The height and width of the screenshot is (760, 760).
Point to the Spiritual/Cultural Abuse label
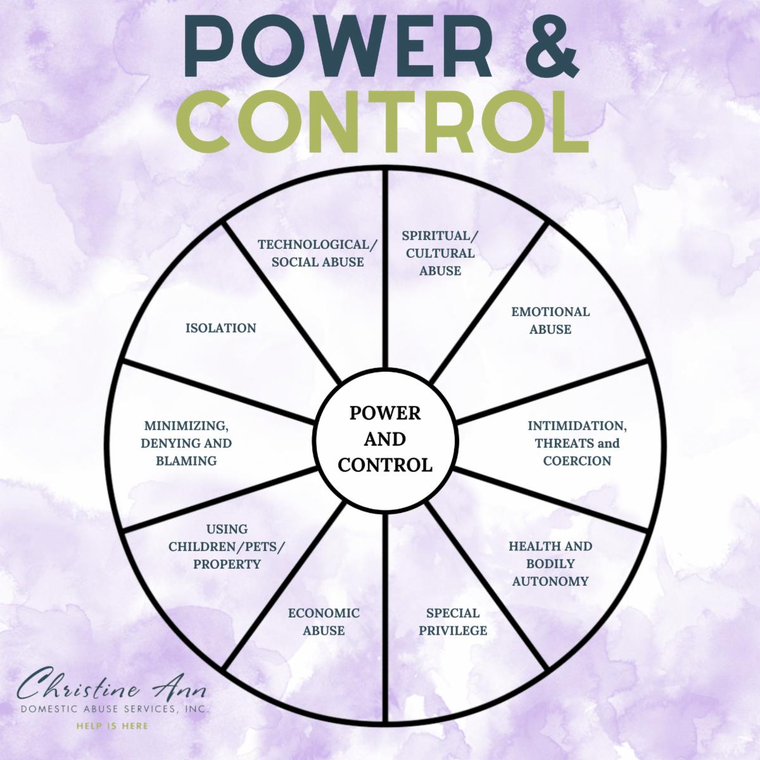(440, 253)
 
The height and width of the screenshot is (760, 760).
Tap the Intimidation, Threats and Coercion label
(577, 443)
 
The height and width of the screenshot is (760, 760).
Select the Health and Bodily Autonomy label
(550, 563)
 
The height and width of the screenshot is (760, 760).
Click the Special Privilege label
(453, 621)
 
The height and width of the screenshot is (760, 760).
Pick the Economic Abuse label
(324, 621)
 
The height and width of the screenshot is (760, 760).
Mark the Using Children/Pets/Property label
(227, 547)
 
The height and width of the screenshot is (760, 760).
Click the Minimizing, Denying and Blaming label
(187, 443)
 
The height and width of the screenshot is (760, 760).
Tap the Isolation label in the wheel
(220, 328)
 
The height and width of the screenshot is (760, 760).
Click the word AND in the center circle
(385, 439)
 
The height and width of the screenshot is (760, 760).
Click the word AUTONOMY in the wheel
(550, 581)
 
